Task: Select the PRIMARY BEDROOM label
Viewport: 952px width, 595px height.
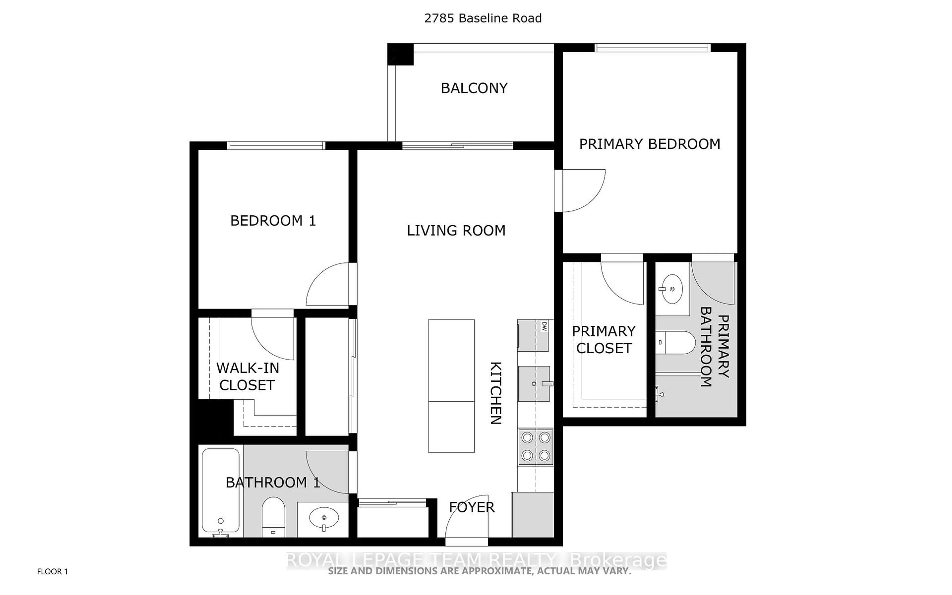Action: tap(650, 144)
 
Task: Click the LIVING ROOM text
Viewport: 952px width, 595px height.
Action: tap(456, 231)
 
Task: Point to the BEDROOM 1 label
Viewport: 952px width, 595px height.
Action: tap(273, 221)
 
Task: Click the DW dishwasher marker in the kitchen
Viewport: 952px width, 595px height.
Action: tap(544, 326)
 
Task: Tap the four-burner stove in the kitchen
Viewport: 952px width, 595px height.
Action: tap(535, 447)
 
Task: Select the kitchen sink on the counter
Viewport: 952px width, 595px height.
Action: tap(534, 383)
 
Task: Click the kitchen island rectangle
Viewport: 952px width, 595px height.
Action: tap(451, 386)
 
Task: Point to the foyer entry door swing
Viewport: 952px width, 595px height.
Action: tap(466, 519)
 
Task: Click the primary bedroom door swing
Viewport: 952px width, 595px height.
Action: tap(582, 191)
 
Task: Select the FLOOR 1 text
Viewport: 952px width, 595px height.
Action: tap(52, 571)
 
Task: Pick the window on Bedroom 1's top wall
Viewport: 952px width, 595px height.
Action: tap(276, 146)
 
